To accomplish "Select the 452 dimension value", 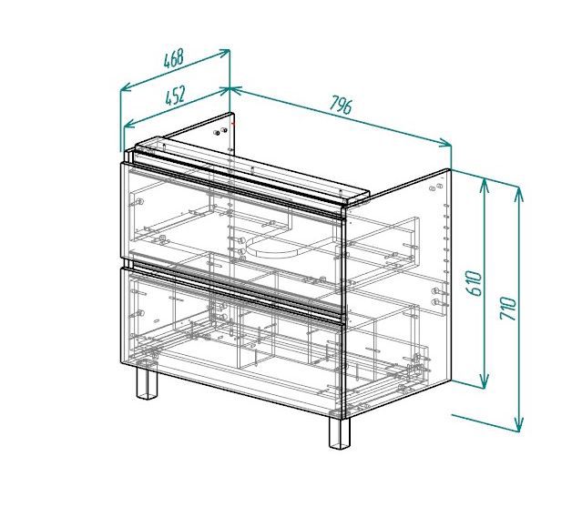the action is (175, 96).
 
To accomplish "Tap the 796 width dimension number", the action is (341, 105).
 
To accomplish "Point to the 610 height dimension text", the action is (475, 283).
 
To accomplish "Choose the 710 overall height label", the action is (508, 309).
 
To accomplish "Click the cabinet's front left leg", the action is (147, 382).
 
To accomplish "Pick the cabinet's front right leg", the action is (340, 433).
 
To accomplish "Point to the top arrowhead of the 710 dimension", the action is (519, 193).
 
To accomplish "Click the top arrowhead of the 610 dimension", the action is (484, 186).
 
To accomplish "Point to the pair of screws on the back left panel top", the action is (220, 131).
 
